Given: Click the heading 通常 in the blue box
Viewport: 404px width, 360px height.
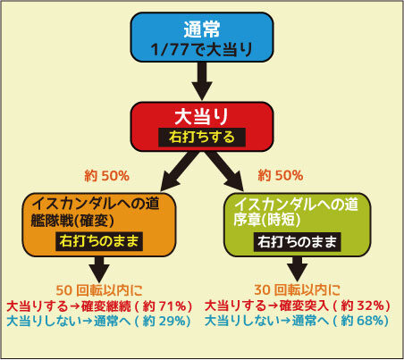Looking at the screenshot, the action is click(x=202, y=29).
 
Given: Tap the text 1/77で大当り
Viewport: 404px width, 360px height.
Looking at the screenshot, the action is click(x=202, y=49).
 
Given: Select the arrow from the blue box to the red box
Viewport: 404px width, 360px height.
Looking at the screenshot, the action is click(x=202, y=81).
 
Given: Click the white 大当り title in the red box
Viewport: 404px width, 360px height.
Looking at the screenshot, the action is click(x=202, y=116).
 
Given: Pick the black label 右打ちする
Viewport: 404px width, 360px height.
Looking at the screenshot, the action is click(x=202, y=138).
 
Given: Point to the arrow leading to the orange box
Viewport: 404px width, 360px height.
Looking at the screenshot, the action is click(x=179, y=172).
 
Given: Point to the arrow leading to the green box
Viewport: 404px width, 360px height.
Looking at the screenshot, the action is click(x=225, y=172).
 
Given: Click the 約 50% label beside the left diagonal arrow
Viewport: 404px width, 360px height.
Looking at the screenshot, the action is click(x=107, y=176).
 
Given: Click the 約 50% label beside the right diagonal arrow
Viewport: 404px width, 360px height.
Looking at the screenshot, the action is click(x=281, y=175).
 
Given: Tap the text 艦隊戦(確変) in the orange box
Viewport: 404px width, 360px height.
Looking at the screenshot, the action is click(x=72, y=221).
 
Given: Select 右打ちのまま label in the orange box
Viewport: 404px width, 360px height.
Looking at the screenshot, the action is click(x=99, y=241).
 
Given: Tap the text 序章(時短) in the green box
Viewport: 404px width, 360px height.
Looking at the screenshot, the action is click(x=267, y=220).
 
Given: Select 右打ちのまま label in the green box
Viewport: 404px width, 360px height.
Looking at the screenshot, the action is click(x=298, y=241).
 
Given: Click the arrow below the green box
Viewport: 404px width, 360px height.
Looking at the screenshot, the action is click(x=298, y=269).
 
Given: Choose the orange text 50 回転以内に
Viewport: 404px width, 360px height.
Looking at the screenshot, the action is click(x=99, y=290).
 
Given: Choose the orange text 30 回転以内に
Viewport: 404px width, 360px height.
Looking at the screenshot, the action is click(x=298, y=289).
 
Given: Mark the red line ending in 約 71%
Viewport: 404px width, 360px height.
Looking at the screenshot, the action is click(x=99, y=306).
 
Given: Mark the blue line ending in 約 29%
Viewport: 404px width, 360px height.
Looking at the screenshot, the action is click(x=98, y=321).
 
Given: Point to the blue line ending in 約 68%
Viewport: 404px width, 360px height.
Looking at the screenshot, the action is click(x=297, y=321).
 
